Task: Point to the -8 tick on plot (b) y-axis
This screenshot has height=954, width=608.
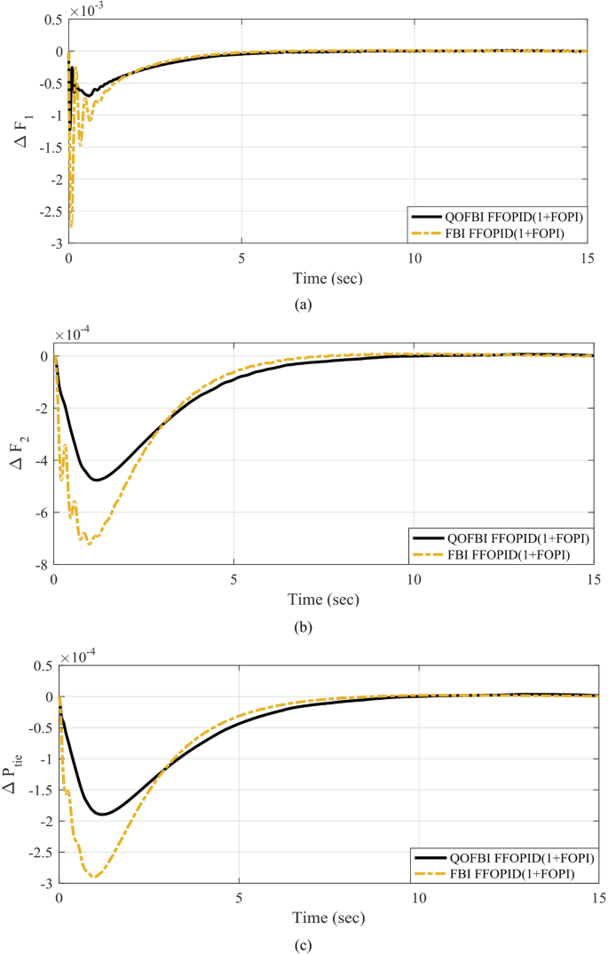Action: [x=42, y=565]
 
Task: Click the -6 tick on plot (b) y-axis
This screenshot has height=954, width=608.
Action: [x=42, y=513]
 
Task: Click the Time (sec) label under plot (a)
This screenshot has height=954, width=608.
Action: [x=328, y=278]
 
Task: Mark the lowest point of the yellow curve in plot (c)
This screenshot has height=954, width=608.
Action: [x=93, y=878]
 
